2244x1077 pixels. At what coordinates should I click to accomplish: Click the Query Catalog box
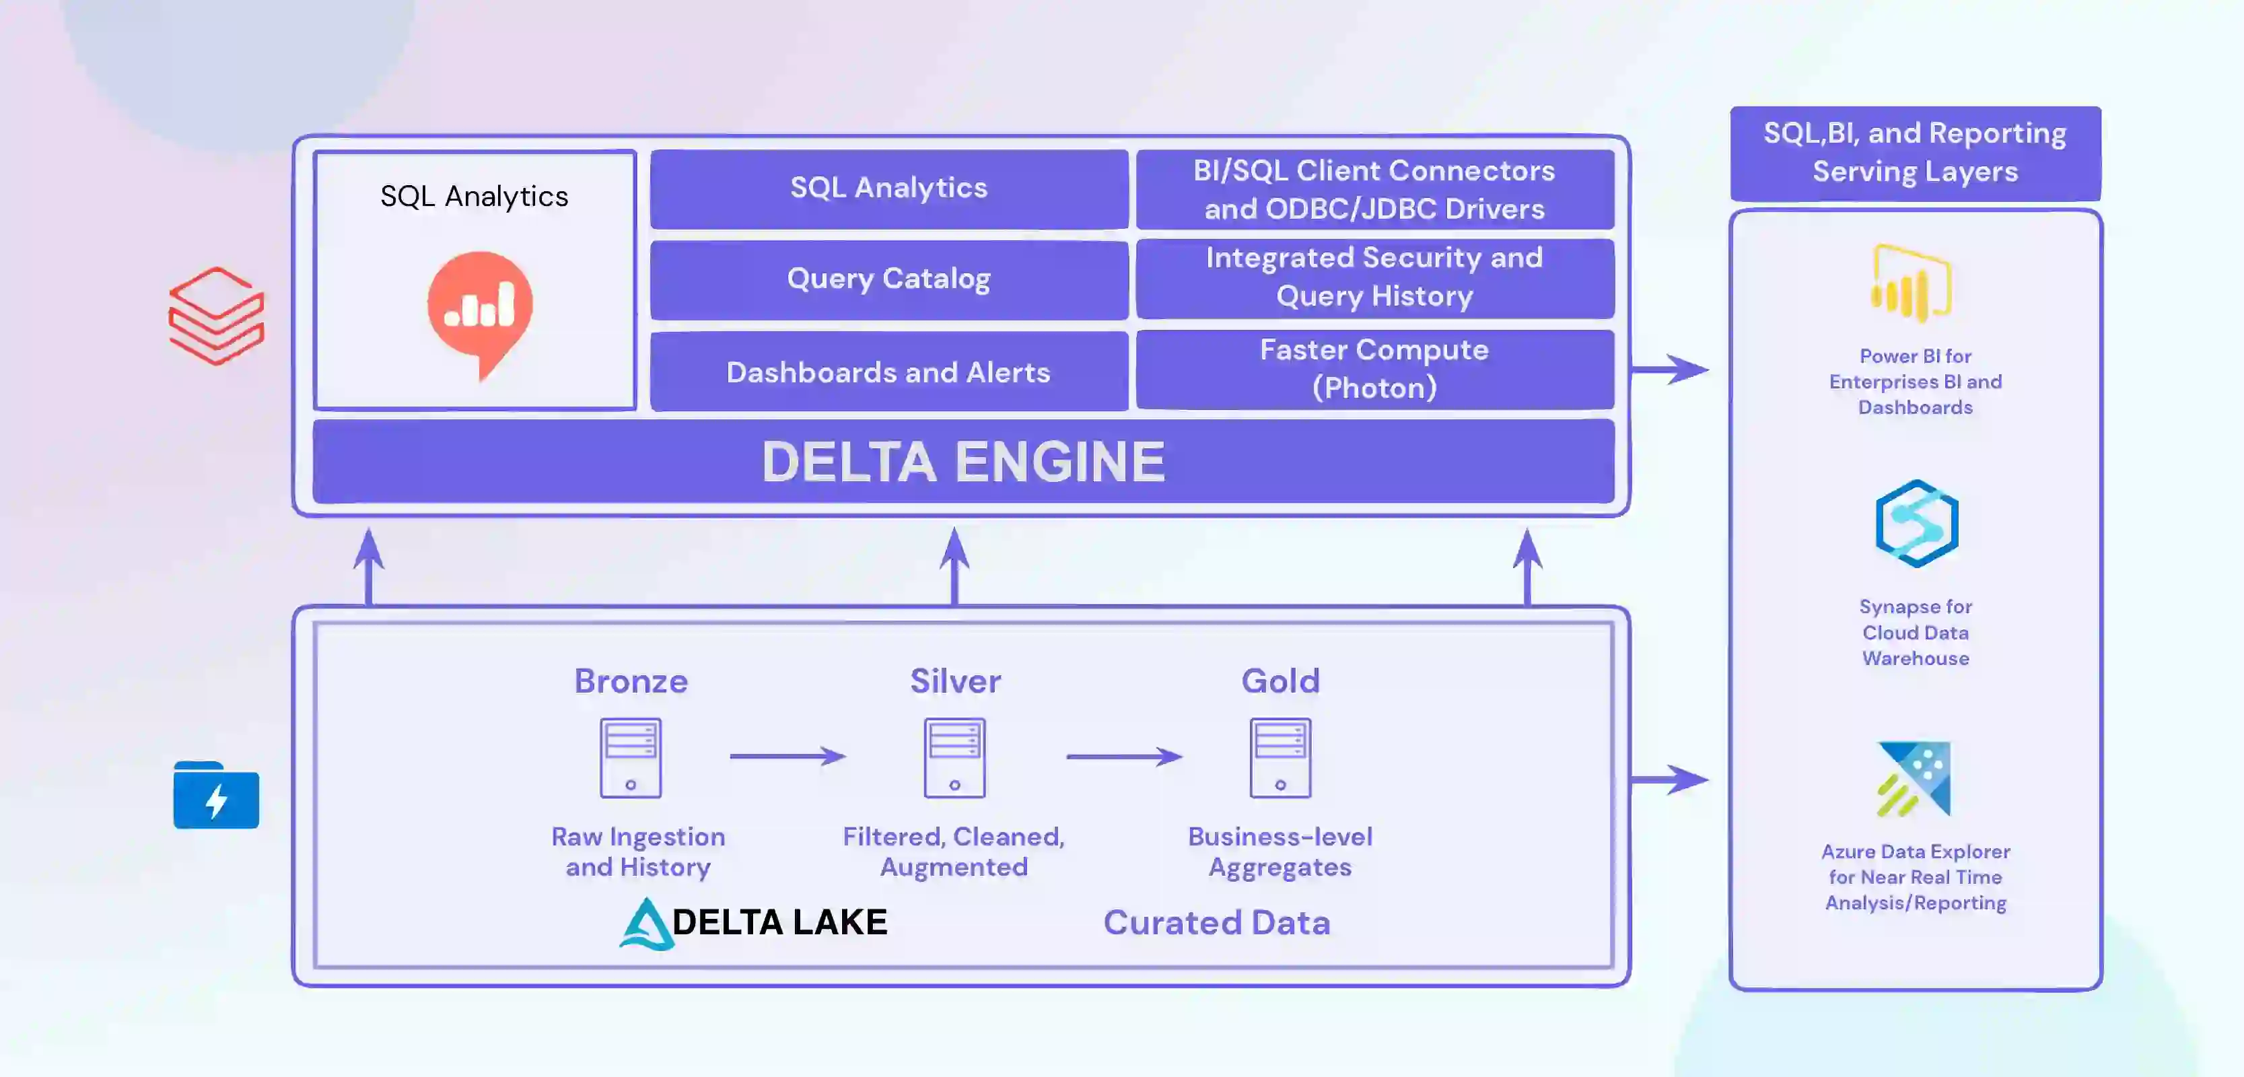[x=888, y=279]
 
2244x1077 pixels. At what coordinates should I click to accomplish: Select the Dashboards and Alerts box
[x=888, y=372]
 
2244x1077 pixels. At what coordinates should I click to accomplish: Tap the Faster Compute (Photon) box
[x=1374, y=369]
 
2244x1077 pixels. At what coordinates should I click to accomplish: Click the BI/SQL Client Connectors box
[x=1374, y=189]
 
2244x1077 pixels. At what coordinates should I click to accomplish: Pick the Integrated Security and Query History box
[x=1374, y=277]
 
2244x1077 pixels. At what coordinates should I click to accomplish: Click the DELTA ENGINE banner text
[x=962, y=462]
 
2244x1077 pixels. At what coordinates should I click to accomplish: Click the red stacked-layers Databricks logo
[x=216, y=316]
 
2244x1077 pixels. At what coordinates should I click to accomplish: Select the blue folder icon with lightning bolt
[x=215, y=796]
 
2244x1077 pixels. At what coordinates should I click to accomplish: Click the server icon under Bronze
[x=631, y=757]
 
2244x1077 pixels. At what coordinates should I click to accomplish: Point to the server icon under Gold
[x=1279, y=757]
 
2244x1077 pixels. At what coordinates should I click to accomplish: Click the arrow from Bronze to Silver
[x=787, y=757]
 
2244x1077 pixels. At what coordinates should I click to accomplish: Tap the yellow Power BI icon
[x=1912, y=284]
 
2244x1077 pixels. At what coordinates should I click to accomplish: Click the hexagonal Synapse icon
[x=1916, y=524]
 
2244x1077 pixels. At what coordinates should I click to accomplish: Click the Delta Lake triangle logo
[x=645, y=924]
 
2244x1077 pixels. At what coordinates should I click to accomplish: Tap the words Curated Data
[x=1216, y=923]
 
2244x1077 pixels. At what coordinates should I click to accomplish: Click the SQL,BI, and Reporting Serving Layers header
[x=1915, y=153]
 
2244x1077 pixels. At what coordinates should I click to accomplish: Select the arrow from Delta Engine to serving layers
[x=1668, y=370]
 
